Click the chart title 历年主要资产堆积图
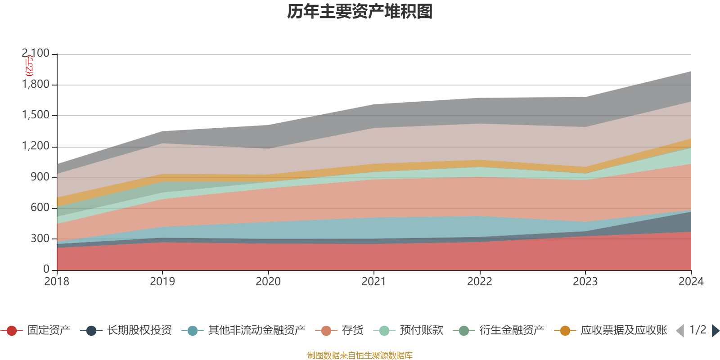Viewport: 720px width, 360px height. point(360,12)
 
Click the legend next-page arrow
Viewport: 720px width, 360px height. point(715,331)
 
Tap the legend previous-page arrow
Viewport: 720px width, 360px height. point(680,331)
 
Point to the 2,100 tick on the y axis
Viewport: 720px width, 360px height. point(36,54)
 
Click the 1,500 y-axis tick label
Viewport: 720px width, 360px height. point(36,115)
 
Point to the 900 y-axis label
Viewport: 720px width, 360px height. point(40,177)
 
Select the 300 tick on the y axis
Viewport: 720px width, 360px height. point(40,238)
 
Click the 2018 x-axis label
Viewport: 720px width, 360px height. point(57,282)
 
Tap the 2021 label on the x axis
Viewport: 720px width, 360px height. point(374,282)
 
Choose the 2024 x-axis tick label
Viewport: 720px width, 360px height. point(691,282)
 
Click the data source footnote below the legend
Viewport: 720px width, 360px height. point(360,355)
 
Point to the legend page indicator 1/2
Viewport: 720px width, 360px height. point(697,330)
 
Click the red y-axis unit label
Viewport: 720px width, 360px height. point(29,66)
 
